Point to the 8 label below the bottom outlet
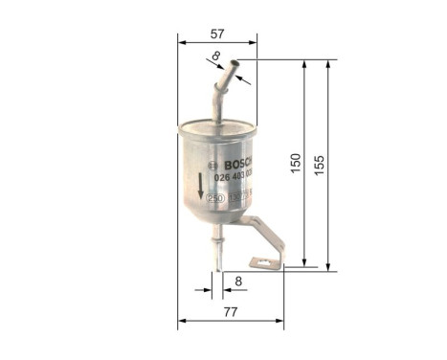point(239,282)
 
